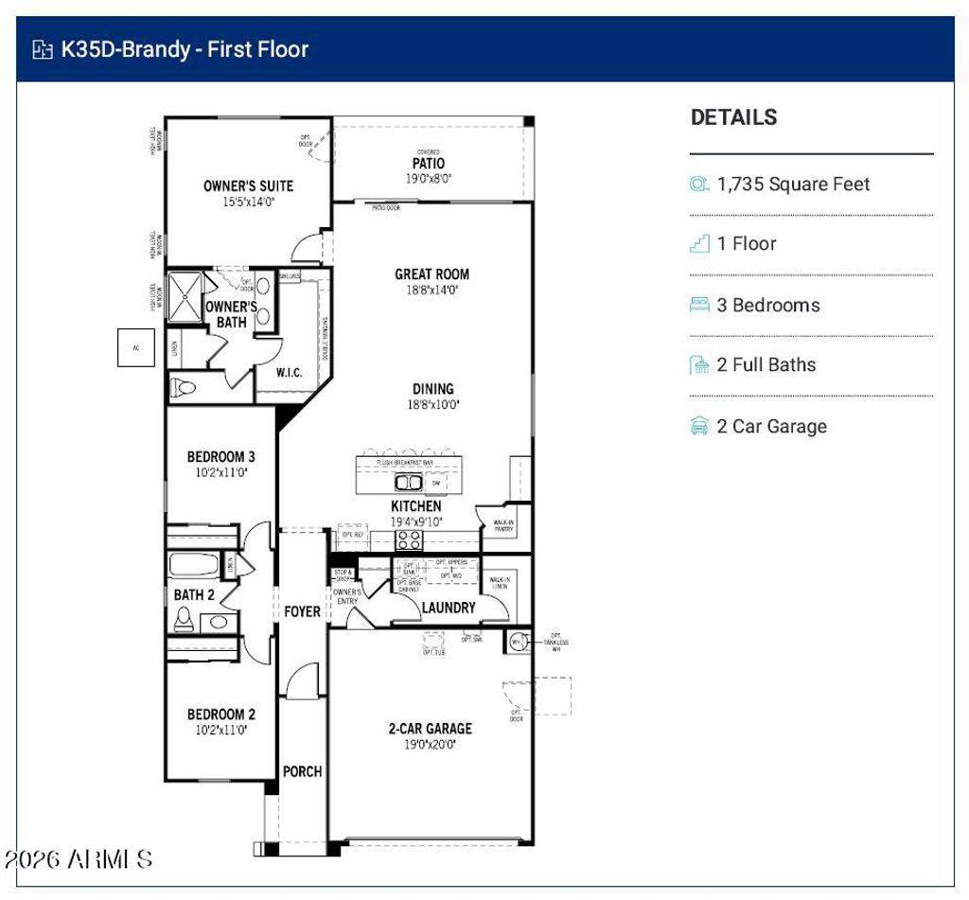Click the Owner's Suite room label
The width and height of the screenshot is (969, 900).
click(x=248, y=185)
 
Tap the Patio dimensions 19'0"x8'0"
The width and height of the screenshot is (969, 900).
click(x=428, y=179)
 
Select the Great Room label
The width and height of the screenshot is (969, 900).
click(x=432, y=274)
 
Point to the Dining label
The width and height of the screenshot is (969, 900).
click(x=432, y=388)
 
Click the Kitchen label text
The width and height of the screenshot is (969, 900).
click(x=415, y=506)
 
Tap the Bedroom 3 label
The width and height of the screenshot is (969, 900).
click(x=220, y=457)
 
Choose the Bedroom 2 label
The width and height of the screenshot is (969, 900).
click(x=220, y=715)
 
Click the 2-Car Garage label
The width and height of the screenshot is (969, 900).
click(x=430, y=729)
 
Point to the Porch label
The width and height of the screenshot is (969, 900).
click(x=302, y=771)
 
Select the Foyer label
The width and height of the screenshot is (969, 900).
click(x=302, y=611)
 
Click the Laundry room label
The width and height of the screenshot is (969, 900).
click(x=448, y=608)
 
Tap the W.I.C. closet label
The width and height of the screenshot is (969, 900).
click(x=289, y=373)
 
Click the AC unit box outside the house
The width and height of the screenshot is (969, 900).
click(x=135, y=347)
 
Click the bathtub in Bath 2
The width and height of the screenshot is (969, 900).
click(x=194, y=566)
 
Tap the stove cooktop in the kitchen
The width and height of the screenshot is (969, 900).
click(x=409, y=540)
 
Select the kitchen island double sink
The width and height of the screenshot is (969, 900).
click(x=409, y=483)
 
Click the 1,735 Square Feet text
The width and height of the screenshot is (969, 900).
click(x=793, y=185)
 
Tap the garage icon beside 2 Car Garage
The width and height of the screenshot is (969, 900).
click(x=699, y=426)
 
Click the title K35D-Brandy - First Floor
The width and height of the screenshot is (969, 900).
click(x=185, y=49)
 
